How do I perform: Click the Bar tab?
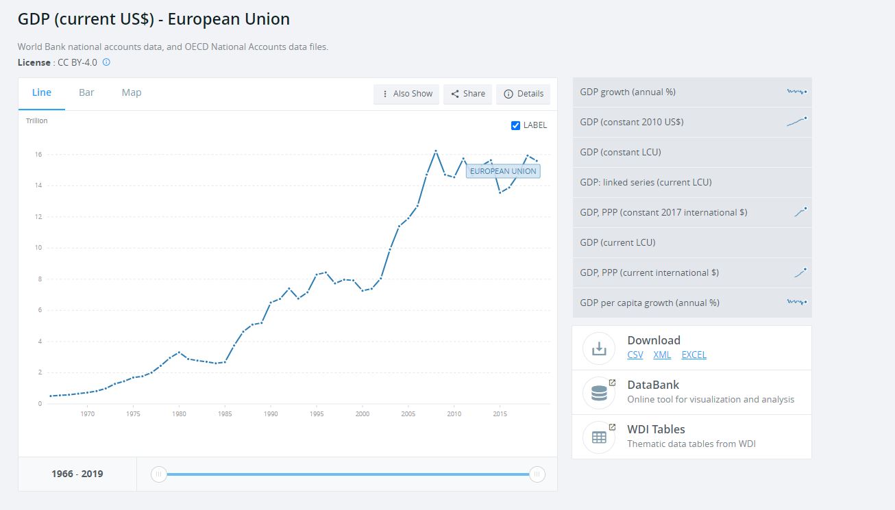point(86,92)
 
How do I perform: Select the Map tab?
point(132,92)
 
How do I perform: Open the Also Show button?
point(407,94)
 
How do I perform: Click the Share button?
point(468,94)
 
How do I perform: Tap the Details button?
point(524,94)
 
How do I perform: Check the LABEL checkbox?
point(516,125)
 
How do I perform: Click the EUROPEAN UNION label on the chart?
point(503,171)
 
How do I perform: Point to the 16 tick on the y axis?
point(39,155)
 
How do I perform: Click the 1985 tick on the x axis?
point(225,413)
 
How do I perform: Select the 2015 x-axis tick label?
point(500,413)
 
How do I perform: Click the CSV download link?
point(635,355)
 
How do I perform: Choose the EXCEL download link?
point(694,355)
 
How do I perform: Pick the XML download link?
point(662,355)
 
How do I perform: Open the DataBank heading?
point(653,385)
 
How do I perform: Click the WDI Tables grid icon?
point(599,437)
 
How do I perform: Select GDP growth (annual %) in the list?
point(628,92)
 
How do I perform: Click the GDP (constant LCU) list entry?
point(620,152)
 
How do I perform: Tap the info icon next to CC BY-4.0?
point(106,62)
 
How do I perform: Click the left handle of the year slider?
point(158,474)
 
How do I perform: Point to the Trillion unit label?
point(37,121)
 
